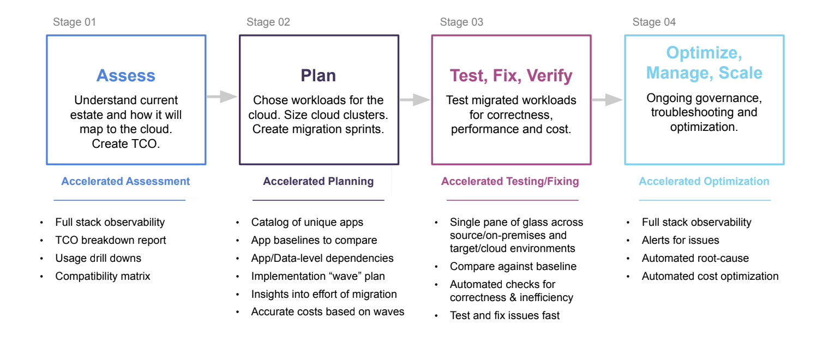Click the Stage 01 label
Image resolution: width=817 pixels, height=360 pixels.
coord(74,22)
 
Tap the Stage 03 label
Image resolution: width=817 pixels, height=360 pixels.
coord(461,22)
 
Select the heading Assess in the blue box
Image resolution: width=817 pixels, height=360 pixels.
coord(126,75)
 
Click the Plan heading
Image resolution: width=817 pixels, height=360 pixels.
coord(319,75)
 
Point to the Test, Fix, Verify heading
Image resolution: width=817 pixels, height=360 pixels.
coord(511,76)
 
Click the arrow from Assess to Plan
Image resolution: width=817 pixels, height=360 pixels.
coord(222,97)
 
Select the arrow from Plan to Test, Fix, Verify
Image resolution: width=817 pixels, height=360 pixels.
coord(415,100)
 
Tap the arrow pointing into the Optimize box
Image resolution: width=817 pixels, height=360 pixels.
coord(607,100)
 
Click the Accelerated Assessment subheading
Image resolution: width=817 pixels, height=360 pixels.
coord(125,181)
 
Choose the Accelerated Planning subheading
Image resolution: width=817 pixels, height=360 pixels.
coord(319,181)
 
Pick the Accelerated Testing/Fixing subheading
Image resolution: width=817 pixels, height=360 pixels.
coord(510,181)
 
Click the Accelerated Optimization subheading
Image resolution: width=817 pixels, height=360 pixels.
coord(704,181)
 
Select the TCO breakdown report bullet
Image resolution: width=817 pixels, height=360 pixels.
coord(111,240)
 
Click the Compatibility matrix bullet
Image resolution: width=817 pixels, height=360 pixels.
coord(103,276)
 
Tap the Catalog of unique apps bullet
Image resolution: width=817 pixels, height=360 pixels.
coord(307,222)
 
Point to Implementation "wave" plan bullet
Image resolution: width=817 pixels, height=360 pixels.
coord(318,276)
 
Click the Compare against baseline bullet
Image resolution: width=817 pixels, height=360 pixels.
coord(513,266)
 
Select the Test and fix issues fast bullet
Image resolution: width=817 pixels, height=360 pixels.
coord(505,315)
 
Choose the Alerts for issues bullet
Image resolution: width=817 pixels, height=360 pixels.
coord(681,240)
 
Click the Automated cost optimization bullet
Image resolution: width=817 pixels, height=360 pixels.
coord(710,276)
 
